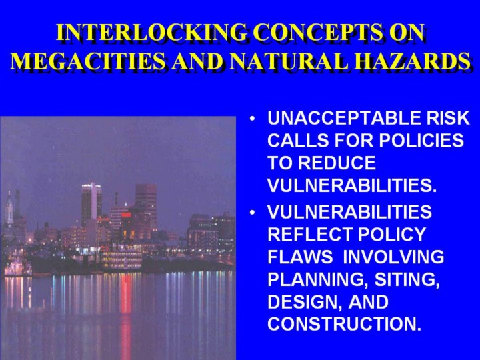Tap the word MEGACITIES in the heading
pyautogui.click(x=89, y=61)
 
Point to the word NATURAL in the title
pyautogui.click(x=289, y=61)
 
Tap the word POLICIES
pyautogui.click(x=421, y=141)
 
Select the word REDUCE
pyautogui.click(x=337, y=163)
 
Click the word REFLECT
pyautogui.click(x=310, y=235)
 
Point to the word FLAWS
pyautogui.click(x=300, y=257)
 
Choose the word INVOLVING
pyautogui.click(x=393, y=257)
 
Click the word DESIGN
pyautogui.click(x=305, y=303)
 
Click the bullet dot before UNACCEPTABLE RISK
pyautogui.click(x=252, y=119)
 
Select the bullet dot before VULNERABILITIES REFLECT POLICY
pyautogui.click(x=252, y=213)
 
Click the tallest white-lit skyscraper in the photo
pyautogui.click(x=91, y=203)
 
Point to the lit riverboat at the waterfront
pyautogui.click(x=122, y=258)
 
